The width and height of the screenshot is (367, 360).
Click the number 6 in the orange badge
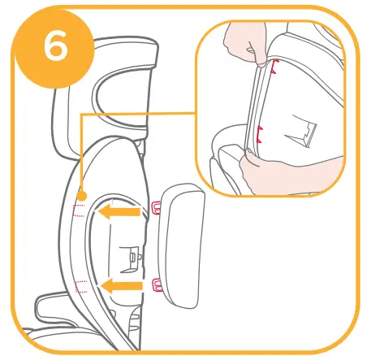coord(54,46)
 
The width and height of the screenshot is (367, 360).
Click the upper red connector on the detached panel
coord(155,214)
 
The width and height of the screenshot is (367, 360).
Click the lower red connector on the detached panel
coord(155,283)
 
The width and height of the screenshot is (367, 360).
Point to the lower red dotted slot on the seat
coord(80,285)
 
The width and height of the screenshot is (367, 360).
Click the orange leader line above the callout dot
coord(82,154)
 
